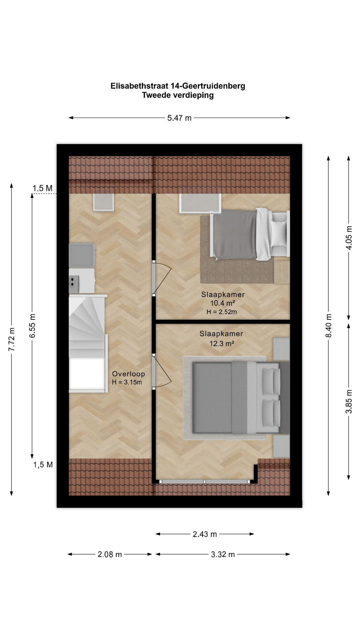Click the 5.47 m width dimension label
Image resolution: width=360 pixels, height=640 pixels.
coord(179,118)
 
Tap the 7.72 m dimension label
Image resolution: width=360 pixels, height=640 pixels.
coord(12,339)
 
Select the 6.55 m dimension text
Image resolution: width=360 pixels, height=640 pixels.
coord(32,326)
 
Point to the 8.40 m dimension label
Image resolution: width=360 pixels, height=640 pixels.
coord(329,326)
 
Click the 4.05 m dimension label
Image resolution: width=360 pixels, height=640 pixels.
coord(349,238)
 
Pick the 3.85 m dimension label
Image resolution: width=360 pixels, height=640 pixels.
coord(349,402)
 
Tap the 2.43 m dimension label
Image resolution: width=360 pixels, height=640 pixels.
coord(205,534)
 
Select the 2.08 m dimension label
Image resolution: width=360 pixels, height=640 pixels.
coord(110,554)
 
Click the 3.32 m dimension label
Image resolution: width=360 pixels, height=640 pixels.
coord(223,554)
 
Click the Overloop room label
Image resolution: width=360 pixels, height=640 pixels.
coord(128,374)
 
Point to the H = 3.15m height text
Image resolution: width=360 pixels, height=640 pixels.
coord(127,382)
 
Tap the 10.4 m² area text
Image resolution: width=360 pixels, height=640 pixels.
coord(223,303)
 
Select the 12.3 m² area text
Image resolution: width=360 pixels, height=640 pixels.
coord(222,343)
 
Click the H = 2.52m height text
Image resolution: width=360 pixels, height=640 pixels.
coord(222,312)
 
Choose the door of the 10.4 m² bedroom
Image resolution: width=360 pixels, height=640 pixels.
coord(161,278)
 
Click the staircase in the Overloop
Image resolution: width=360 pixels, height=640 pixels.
coord(88,343)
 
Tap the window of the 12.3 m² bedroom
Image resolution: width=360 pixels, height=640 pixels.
coord(205,481)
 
